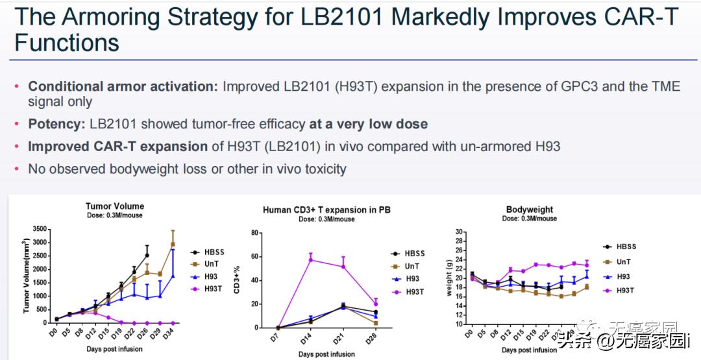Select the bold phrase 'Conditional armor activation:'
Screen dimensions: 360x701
(123, 86)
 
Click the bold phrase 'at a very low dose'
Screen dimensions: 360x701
(368, 124)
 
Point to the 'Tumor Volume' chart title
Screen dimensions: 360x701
(115, 206)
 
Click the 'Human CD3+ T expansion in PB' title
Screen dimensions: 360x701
(326, 210)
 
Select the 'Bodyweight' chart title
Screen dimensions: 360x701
(530, 210)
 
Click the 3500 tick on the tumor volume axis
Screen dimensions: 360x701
(40, 228)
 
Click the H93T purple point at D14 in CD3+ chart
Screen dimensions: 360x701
(311, 259)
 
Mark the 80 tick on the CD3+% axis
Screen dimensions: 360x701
(256, 233)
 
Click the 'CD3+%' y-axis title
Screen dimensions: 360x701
(237, 281)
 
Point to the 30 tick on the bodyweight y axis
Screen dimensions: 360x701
(459, 232)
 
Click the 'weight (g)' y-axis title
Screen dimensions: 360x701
(449, 278)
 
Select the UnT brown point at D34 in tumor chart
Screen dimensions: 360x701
(173, 245)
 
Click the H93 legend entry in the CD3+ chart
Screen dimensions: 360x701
(412, 279)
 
